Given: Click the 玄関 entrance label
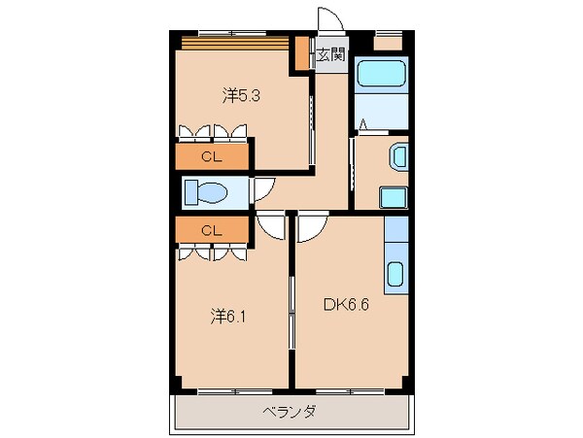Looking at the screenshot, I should (330, 55).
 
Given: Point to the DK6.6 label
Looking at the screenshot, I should (345, 303).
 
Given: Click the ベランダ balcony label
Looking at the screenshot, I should (289, 412).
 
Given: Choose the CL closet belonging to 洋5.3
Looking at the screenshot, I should (210, 155).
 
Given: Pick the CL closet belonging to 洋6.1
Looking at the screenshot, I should (210, 230).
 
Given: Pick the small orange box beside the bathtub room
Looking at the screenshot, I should (389, 42).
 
